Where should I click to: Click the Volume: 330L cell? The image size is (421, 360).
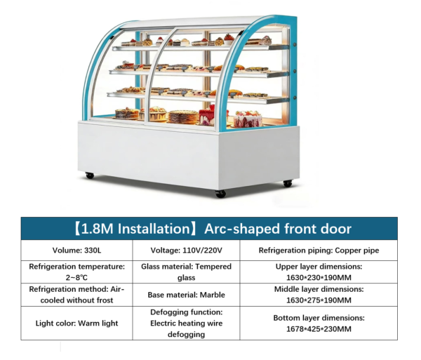coord(76,251)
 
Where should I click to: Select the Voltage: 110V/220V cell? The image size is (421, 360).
coord(186,251)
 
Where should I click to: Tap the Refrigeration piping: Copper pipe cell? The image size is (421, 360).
coord(319,251)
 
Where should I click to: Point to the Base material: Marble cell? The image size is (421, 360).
coord(186,295)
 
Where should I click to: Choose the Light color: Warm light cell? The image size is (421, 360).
coord(76,324)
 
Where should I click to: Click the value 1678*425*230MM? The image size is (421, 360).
coord(319,329)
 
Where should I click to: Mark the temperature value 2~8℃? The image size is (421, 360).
coord(76,277)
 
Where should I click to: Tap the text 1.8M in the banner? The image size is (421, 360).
coord(97,229)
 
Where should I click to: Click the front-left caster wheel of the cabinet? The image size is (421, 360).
coord(90,175)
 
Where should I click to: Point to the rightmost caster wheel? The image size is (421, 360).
coord(288,183)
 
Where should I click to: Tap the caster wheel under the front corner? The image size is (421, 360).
coord(220,194)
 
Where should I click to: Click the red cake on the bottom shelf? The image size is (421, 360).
coord(207,116)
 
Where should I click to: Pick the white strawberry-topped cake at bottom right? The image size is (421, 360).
coord(248,119)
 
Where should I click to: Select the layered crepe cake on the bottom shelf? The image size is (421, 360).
coord(184,116)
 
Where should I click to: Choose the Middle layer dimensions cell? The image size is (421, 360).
coord(319,295)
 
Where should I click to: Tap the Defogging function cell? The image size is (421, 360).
coord(186,324)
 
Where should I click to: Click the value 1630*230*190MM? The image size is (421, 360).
coord(319,277)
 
